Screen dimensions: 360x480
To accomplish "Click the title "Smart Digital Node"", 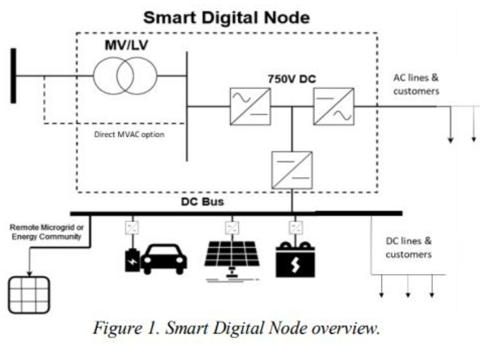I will pyautogui.click(x=227, y=17).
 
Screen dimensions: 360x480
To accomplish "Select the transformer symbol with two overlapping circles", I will pyautogui.click(x=125, y=76).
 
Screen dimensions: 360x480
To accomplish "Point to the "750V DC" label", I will pyautogui.click(x=292, y=79).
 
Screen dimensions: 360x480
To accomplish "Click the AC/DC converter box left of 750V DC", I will pyautogui.click(x=249, y=106).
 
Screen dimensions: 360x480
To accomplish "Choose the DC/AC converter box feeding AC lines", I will pyautogui.click(x=334, y=106).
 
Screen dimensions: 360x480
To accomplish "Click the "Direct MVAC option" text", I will pyautogui.click(x=129, y=135).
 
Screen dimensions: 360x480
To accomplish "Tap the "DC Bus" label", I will pyautogui.click(x=202, y=202).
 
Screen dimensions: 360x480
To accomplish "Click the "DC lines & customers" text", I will pyautogui.click(x=408, y=248).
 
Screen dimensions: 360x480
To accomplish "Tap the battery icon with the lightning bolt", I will pyautogui.click(x=296, y=259).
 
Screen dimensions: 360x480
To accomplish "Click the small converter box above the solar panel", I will pyautogui.click(x=232, y=228).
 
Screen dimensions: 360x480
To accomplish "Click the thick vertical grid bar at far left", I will pyautogui.click(x=13, y=77).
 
